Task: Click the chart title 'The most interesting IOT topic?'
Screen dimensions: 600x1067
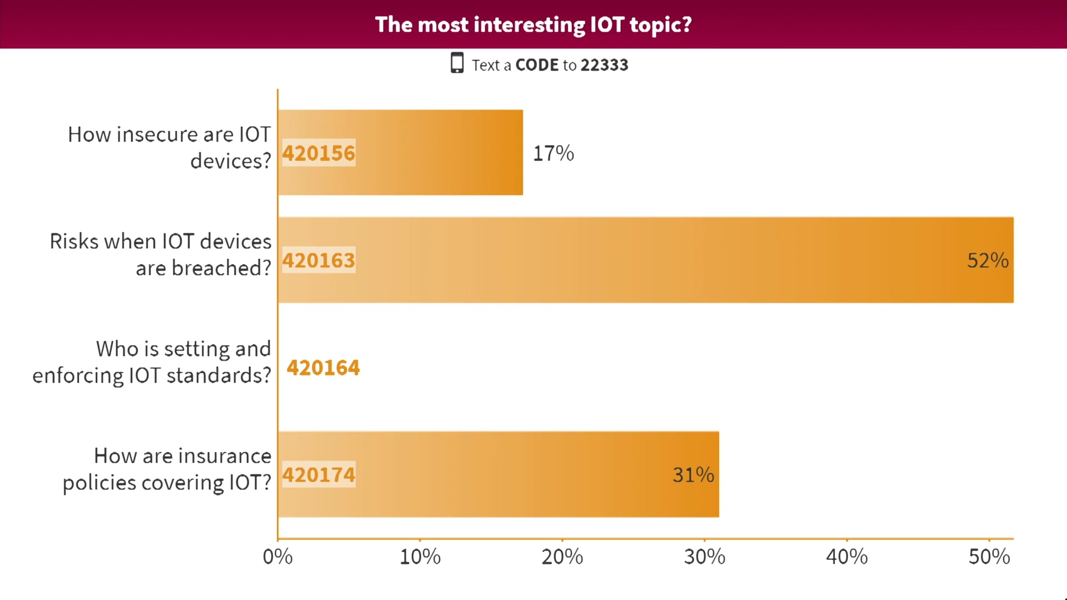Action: click(533, 25)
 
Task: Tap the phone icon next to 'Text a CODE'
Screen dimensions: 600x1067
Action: click(457, 63)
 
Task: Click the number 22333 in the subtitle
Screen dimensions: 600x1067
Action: click(604, 65)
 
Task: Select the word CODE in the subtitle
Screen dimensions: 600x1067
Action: click(537, 65)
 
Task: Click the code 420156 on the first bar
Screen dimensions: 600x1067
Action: click(318, 153)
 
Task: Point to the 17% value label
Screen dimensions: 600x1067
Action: click(554, 153)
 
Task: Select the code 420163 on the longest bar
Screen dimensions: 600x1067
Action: click(318, 261)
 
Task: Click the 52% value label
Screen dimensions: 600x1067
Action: click(988, 261)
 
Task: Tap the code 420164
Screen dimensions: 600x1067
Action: click(323, 368)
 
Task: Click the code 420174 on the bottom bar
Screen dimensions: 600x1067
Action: click(318, 475)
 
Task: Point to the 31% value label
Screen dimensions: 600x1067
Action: click(693, 475)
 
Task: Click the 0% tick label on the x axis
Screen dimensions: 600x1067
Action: click(277, 557)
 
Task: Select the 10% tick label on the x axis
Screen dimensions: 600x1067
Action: click(420, 557)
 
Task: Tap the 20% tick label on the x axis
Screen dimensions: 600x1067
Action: click(562, 557)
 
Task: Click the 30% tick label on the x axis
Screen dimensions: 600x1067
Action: click(705, 557)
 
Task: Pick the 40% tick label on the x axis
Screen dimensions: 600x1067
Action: click(847, 557)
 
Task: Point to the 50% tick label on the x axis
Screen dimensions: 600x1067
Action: click(989, 557)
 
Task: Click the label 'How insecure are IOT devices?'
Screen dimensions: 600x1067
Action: click(169, 147)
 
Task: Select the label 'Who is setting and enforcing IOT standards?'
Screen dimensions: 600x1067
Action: click(152, 362)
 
